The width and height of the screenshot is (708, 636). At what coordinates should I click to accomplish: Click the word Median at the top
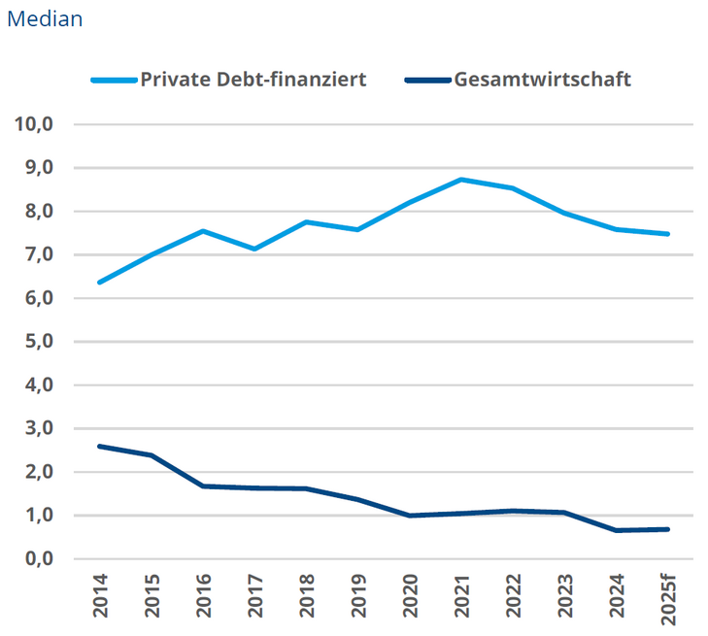[45, 18]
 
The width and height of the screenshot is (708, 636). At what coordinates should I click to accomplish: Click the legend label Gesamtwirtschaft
[542, 80]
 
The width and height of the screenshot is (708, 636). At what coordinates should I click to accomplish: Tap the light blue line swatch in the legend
[114, 80]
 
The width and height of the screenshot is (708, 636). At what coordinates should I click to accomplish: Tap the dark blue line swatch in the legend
[426, 80]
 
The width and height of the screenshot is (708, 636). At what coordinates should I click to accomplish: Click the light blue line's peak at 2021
[461, 180]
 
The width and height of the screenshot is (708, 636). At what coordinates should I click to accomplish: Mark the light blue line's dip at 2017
[254, 250]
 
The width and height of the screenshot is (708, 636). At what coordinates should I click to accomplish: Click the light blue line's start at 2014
[100, 283]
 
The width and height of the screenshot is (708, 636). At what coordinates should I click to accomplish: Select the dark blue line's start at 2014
[100, 447]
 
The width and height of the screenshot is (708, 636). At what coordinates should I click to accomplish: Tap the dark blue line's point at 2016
[203, 485]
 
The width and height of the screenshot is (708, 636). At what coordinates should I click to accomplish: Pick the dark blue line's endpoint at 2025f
[668, 529]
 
